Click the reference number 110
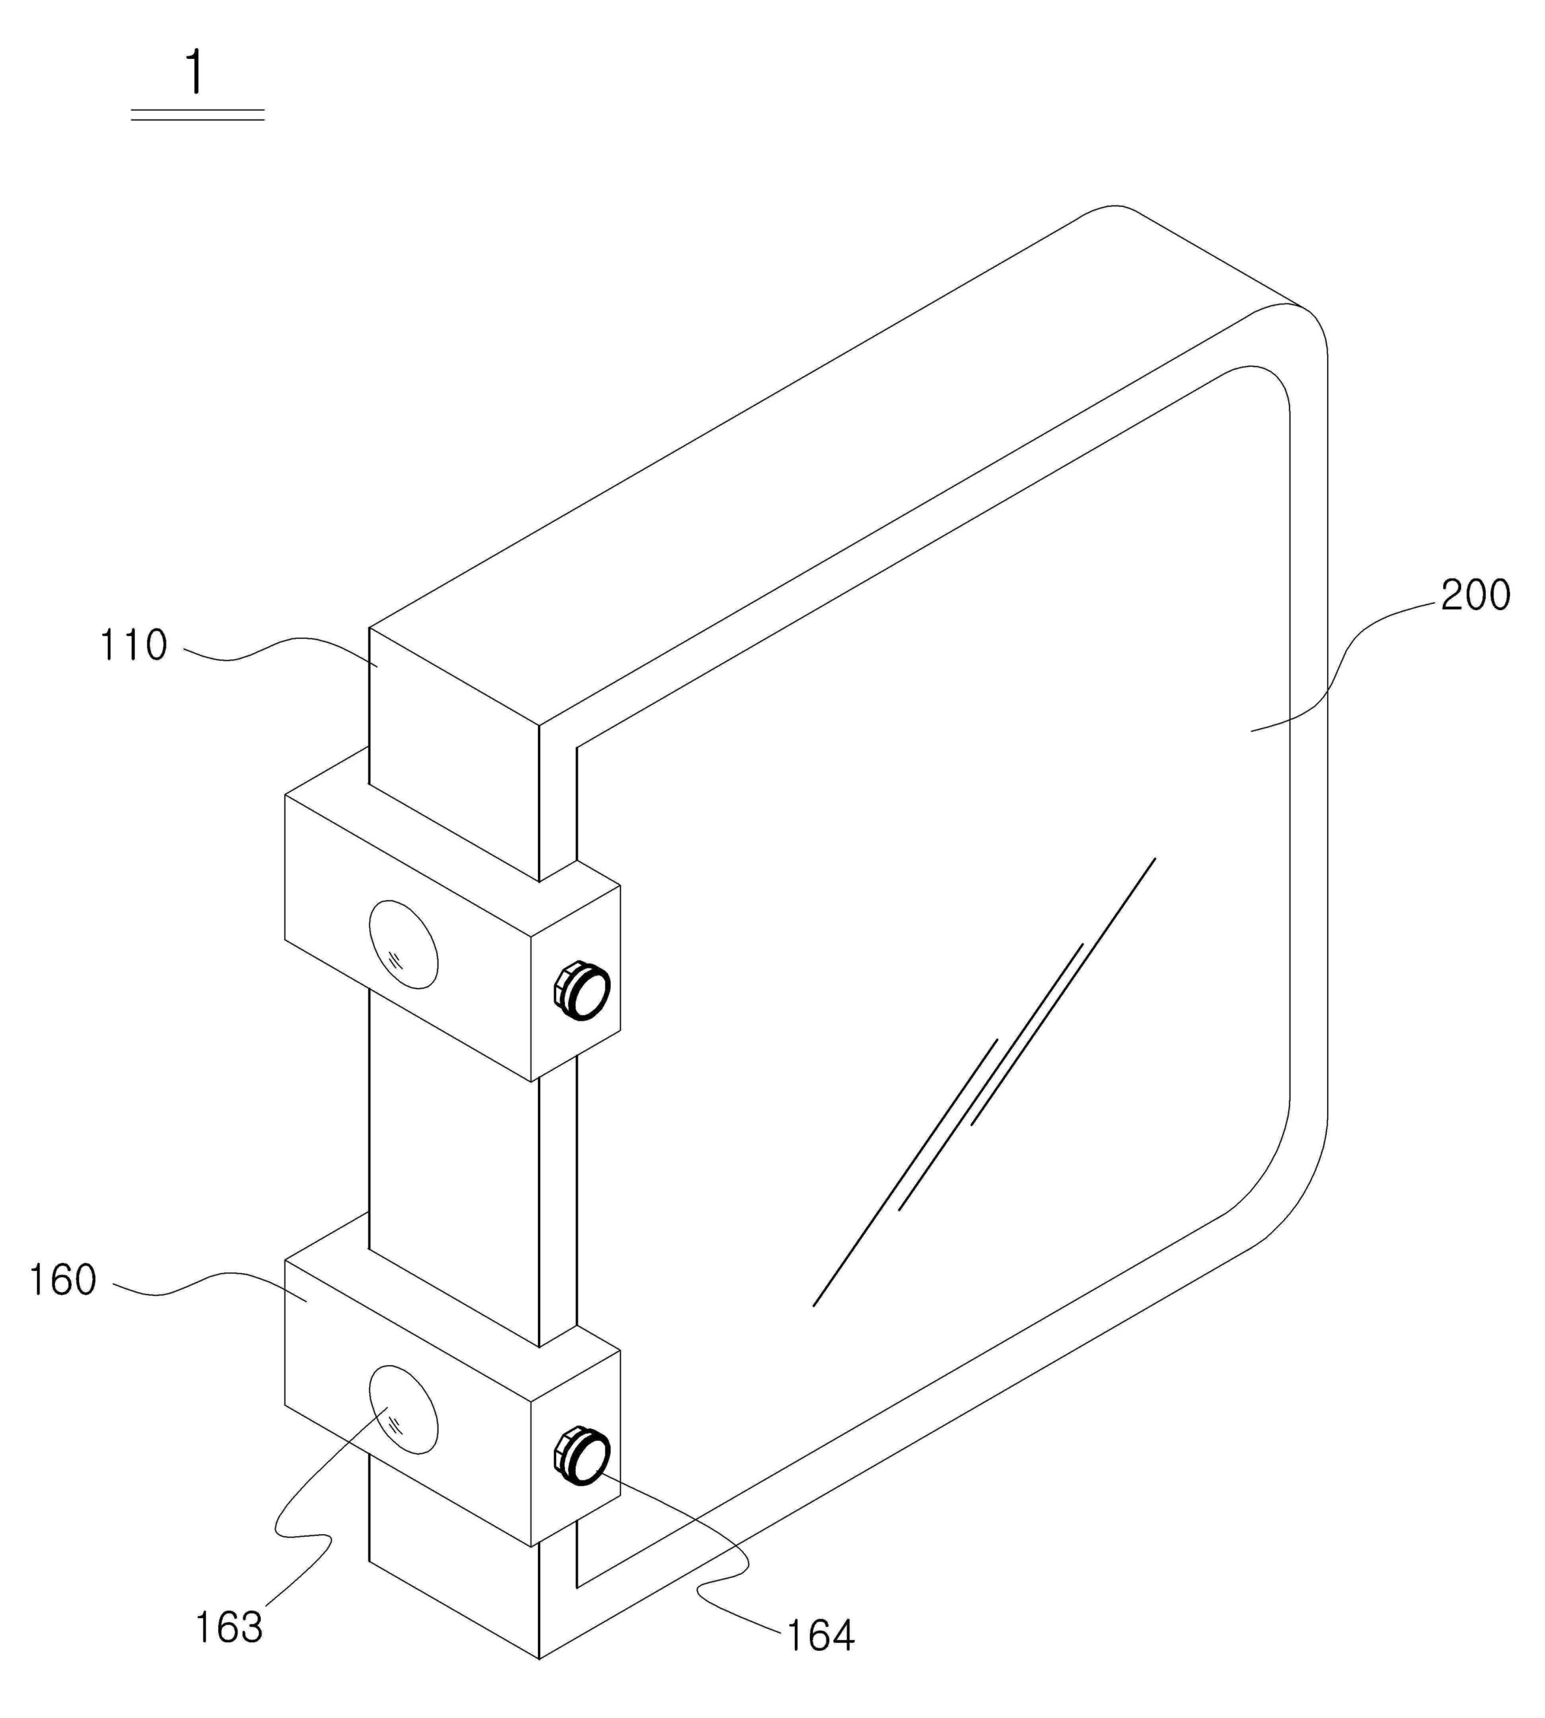pyautogui.click(x=134, y=646)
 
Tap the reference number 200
pyautogui.click(x=1475, y=595)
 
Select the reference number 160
pyautogui.click(x=63, y=1280)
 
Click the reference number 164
pyautogui.click(x=820, y=1635)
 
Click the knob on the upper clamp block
pyautogui.click(x=582, y=991)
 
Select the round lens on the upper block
pyautogui.click(x=404, y=944)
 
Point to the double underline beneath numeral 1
pyautogui.click(x=197, y=115)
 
